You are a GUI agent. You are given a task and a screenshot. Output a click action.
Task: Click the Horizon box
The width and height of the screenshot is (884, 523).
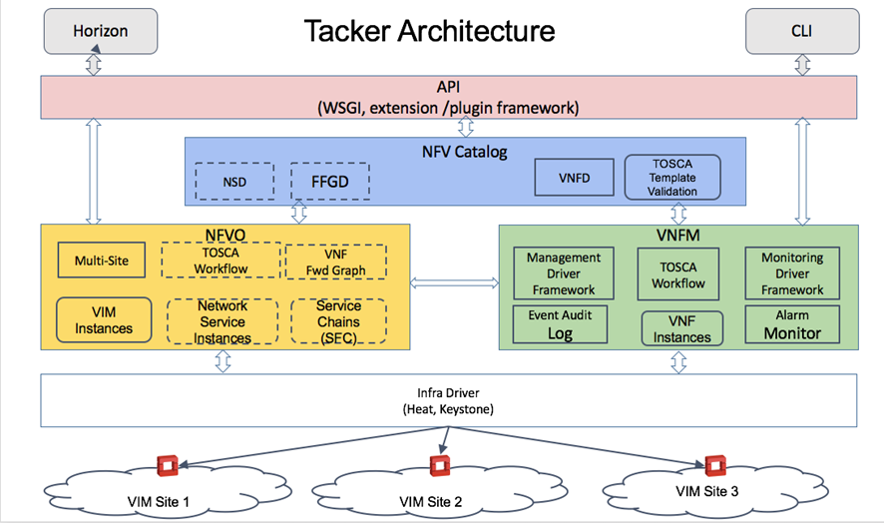[101, 31]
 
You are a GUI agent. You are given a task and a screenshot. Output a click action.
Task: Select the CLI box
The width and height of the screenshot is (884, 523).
[802, 31]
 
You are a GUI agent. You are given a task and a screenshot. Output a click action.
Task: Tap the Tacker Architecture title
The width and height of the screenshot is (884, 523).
[430, 31]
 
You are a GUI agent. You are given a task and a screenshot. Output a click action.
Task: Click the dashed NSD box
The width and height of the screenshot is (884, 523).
[234, 182]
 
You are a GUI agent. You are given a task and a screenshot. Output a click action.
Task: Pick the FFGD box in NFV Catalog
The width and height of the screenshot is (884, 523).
[330, 182]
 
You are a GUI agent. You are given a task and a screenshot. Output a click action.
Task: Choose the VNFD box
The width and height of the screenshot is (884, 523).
[574, 178]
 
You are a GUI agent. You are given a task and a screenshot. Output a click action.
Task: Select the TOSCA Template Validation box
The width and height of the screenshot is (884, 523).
[672, 177]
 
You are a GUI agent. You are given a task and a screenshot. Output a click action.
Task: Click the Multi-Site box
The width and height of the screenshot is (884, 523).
[102, 261]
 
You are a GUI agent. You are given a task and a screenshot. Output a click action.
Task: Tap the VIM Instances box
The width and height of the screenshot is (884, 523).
[104, 320]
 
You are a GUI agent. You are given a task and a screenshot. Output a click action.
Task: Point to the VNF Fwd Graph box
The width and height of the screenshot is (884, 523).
[336, 261]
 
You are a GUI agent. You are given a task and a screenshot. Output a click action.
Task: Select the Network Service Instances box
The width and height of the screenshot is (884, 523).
[222, 321]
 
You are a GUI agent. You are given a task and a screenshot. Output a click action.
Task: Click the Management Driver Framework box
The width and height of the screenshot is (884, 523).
[564, 273]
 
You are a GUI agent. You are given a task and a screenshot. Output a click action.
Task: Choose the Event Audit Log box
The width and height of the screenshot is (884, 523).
[560, 324]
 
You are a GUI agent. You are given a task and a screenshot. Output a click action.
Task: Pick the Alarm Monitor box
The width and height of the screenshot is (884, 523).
[792, 324]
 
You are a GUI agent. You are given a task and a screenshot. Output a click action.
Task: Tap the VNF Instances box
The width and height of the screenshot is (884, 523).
[682, 328]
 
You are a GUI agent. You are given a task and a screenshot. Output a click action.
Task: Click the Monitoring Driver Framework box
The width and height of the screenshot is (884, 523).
[792, 273]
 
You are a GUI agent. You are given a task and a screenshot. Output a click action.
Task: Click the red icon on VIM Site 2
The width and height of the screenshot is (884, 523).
[440, 466]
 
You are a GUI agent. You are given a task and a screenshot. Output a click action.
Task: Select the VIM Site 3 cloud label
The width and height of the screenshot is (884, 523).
[707, 491]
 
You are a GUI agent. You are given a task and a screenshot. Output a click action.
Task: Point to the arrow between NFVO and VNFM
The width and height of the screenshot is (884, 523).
[454, 282]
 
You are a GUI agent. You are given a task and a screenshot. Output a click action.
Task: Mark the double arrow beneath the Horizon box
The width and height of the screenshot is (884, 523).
[94, 65]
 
